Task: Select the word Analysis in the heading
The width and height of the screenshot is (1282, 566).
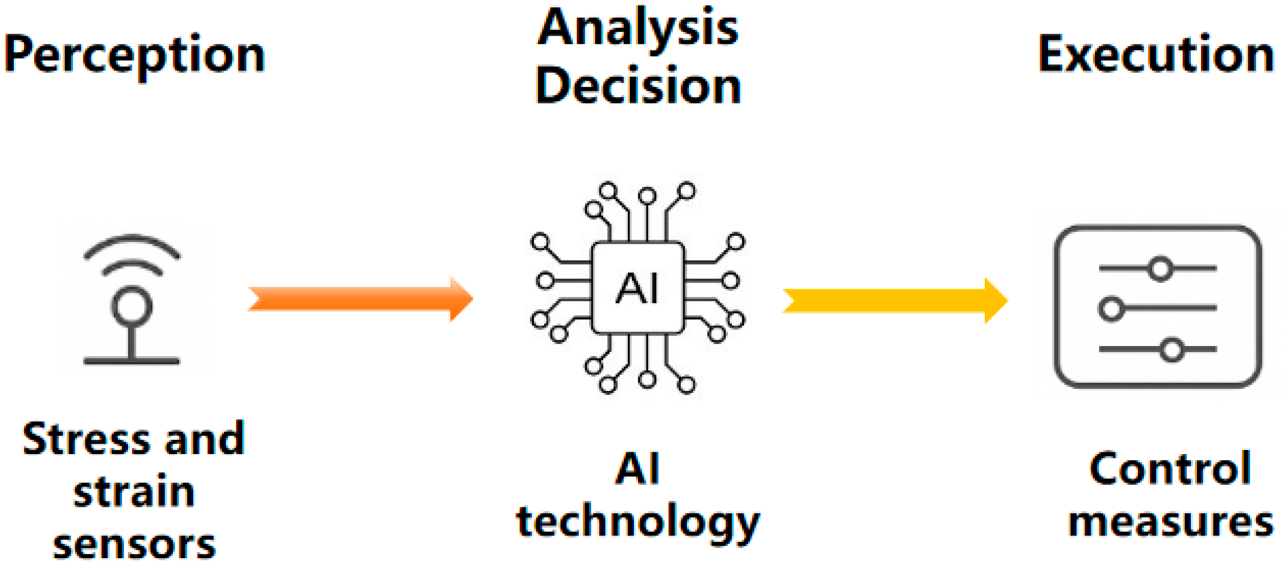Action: (638, 29)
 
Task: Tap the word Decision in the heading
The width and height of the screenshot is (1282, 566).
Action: (638, 85)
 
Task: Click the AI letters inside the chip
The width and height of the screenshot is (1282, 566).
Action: (637, 288)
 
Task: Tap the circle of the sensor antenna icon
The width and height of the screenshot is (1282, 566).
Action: (132, 305)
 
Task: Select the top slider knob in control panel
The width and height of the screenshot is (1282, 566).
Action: (1160, 268)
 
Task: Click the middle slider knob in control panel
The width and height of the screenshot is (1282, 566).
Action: (1111, 308)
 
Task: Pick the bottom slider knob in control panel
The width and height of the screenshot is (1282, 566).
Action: (1172, 349)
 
